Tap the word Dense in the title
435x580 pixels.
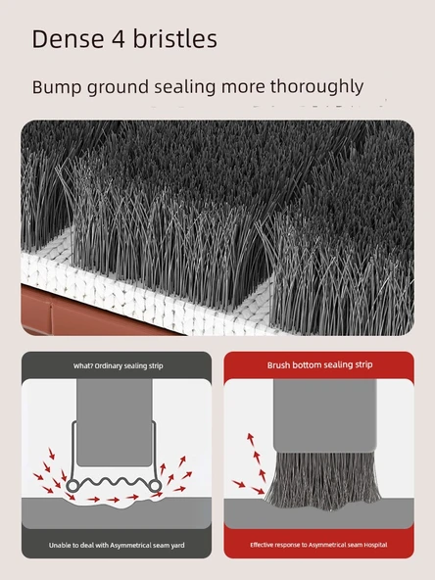coord(68,39)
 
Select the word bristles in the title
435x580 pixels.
coord(175,38)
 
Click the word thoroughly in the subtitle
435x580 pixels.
coord(316,87)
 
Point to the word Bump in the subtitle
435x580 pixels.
coord(57,88)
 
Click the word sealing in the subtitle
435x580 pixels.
coord(184,87)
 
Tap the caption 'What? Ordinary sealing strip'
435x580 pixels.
coord(118,365)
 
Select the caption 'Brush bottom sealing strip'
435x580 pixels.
coord(320,365)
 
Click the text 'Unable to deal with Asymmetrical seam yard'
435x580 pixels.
coord(117,546)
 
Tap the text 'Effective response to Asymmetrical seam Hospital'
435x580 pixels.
coord(318,545)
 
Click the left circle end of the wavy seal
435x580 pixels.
coord(72,486)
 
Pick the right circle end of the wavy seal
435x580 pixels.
coord(156,486)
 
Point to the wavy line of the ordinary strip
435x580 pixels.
coord(114,482)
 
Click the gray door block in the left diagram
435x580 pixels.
coord(115,422)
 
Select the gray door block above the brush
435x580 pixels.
coord(325,415)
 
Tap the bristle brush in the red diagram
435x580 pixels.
coord(322,480)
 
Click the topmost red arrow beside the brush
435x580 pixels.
coord(251,439)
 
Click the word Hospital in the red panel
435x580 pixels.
coord(375,545)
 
